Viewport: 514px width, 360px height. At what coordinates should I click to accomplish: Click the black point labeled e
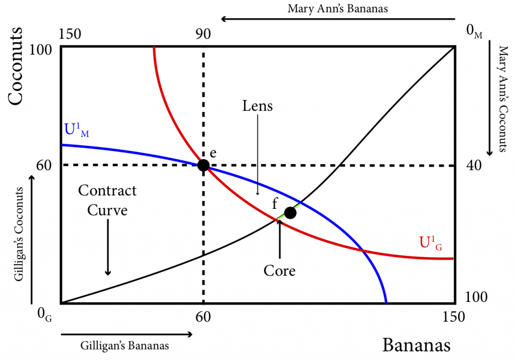pos(203,165)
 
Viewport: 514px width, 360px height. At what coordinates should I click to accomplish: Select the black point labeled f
pos(290,213)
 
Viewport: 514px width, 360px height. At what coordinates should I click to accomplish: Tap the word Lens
pos(258,106)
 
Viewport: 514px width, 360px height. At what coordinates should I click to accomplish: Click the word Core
pos(279,271)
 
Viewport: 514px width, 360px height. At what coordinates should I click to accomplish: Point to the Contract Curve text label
pos(107,200)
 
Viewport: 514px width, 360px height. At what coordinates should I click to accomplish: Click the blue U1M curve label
pos(77,130)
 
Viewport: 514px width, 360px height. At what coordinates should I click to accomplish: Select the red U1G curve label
pos(431,243)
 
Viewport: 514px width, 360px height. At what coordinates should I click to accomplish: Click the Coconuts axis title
pos(16,66)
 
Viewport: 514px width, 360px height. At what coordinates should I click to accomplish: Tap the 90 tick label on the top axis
pos(203,34)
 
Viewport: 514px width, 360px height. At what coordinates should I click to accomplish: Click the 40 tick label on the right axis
pos(474,165)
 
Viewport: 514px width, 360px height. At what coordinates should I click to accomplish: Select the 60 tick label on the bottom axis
pos(203,317)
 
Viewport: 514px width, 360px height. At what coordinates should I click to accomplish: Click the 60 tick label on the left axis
pos(44,165)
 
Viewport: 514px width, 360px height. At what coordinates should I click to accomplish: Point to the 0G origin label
pos(45,315)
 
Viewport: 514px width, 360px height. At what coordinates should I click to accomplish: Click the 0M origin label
pos(474,32)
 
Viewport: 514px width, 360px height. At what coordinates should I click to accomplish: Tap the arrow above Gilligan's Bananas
pos(126,334)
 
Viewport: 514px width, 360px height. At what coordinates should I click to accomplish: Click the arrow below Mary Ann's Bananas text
pos(338,19)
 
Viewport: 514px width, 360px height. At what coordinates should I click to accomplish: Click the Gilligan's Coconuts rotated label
pos(19,234)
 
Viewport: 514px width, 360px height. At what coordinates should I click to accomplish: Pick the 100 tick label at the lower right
pos(476,297)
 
